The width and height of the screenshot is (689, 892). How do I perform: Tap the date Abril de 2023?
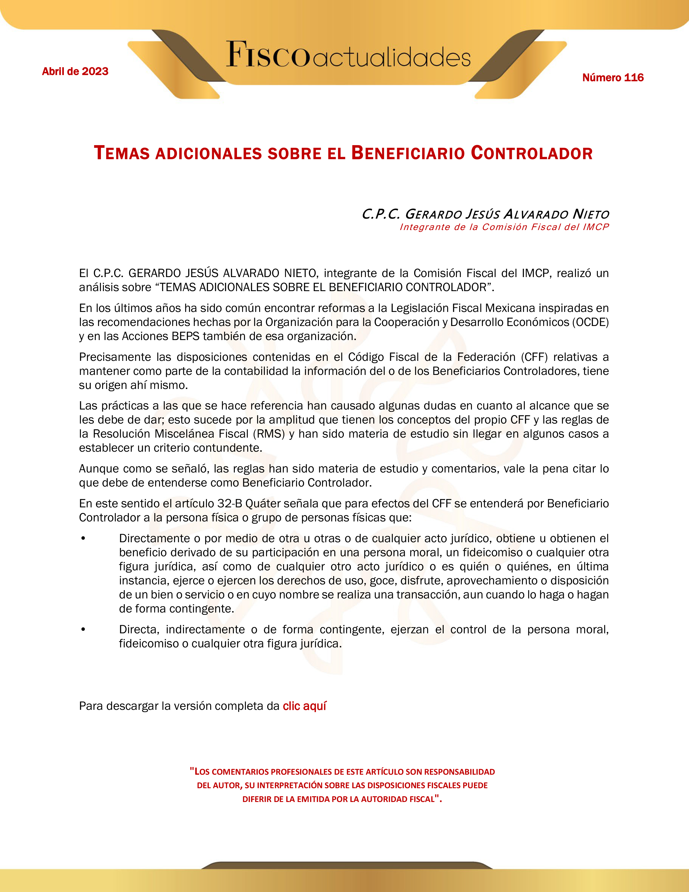coord(75,71)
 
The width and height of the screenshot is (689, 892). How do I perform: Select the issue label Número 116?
coord(613,78)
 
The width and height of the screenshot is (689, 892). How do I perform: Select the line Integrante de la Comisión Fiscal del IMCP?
coord(504,227)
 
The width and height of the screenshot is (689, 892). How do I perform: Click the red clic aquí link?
coord(304,706)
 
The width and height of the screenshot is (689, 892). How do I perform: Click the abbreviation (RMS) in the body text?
coord(269,434)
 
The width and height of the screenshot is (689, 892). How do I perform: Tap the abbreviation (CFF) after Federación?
coord(534,357)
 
